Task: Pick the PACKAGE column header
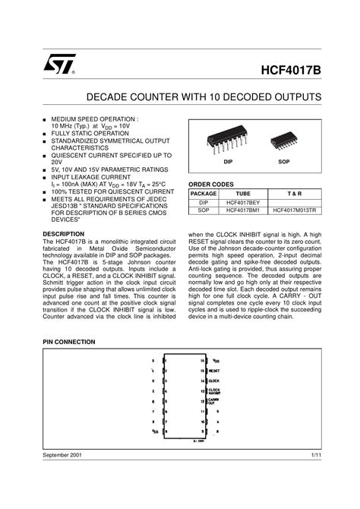tap(204, 195)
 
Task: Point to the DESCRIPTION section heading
tap(63, 233)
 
